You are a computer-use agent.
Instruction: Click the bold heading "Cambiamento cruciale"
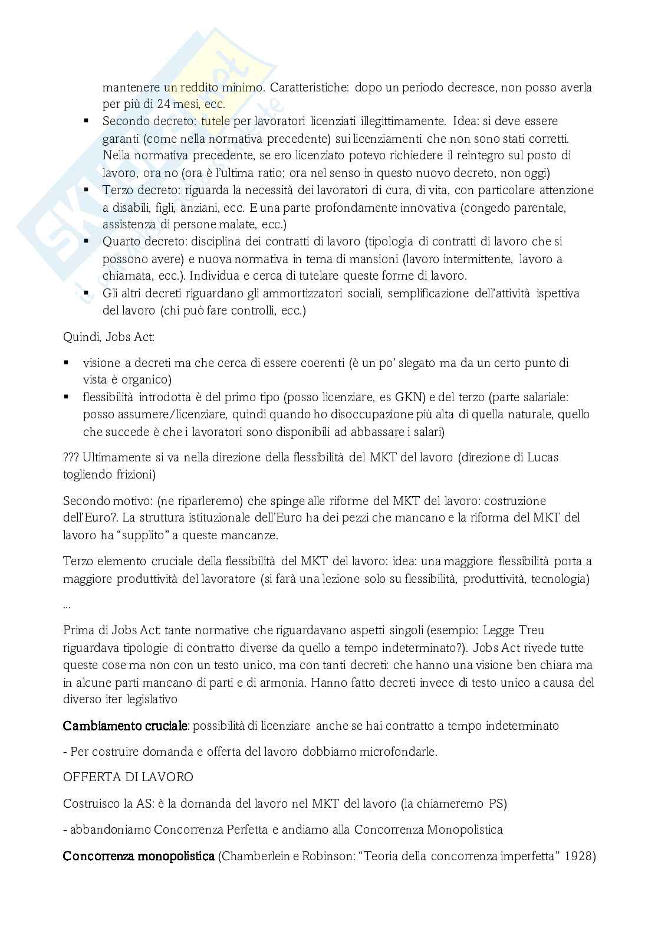click(x=125, y=726)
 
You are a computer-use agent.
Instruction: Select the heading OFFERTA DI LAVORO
click(x=128, y=777)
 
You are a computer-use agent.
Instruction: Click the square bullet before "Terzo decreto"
click(x=86, y=190)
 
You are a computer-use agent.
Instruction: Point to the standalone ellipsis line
click(x=66, y=606)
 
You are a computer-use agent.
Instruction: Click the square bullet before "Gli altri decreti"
click(x=86, y=293)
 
